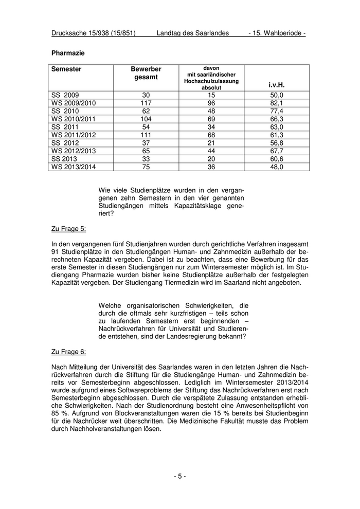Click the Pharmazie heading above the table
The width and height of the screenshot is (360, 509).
pos(68,53)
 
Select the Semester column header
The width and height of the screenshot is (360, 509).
pos(66,69)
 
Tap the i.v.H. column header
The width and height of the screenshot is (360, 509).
pos(276,85)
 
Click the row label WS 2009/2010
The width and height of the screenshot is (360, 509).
pos(74,103)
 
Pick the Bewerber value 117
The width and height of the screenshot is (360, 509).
pos(146,103)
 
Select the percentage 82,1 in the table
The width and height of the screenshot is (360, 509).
pos(277,103)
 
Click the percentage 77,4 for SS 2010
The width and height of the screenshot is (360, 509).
pos(277,111)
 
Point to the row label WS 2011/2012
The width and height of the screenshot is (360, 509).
pos(74,135)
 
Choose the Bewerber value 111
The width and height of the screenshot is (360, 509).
pos(146,135)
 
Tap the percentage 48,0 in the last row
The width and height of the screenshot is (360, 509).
pos(277,167)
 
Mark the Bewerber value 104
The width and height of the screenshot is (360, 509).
pos(146,119)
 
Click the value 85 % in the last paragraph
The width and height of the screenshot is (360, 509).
pos(59,412)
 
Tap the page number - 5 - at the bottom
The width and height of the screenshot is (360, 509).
pos(179,476)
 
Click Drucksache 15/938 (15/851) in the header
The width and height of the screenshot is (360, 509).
pos(94,33)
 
